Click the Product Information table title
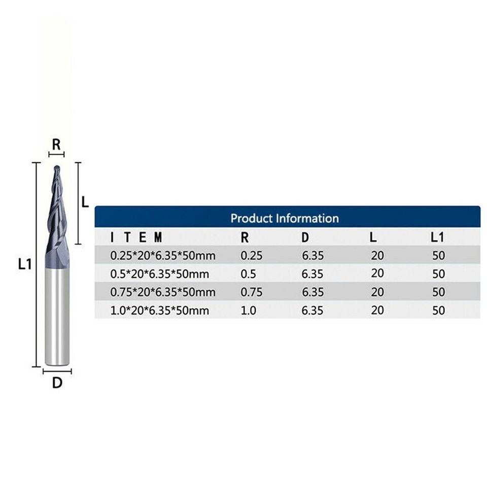click(285, 219)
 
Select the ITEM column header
click(136, 237)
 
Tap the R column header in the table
click(245, 237)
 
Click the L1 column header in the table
click(438, 237)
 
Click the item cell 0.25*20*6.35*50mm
click(162, 256)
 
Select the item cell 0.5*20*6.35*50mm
click(159, 274)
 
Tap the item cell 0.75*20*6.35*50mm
click(162, 292)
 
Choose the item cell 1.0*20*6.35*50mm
click(159, 310)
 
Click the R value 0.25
click(251, 256)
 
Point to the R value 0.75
click(251, 292)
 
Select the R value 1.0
click(249, 310)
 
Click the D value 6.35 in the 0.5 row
click(312, 274)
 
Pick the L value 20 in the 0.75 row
click(377, 292)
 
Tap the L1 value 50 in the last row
click(438, 310)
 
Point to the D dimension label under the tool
click(57, 383)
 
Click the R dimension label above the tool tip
click(56, 144)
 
